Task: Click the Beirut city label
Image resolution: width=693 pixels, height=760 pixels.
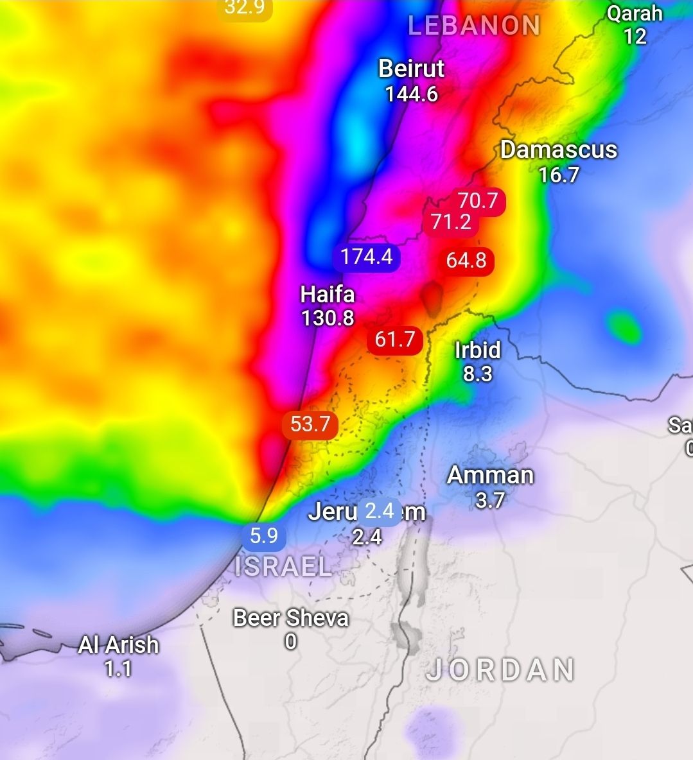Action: coord(411,69)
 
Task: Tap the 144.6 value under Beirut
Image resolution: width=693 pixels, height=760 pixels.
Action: coord(411,94)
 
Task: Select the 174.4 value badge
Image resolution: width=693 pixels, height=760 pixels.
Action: coord(366,257)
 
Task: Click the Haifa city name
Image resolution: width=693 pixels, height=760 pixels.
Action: coord(328,295)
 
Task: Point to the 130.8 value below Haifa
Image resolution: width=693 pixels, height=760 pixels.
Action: coord(328,318)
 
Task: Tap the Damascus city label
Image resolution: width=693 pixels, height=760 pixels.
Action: coord(558,150)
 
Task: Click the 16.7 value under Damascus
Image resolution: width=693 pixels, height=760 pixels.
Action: coord(558,175)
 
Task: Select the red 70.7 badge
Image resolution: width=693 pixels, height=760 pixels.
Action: coord(478,201)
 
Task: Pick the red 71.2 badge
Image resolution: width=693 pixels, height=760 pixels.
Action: coord(451,222)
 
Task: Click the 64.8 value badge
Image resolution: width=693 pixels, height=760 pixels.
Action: coord(466,261)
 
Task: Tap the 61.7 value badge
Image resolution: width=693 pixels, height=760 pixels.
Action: coord(394,339)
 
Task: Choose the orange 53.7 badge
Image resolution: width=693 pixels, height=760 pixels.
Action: coord(310,424)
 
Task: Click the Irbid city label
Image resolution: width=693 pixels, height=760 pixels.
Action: coord(477,350)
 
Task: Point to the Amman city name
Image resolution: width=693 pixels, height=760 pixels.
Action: coord(490,476)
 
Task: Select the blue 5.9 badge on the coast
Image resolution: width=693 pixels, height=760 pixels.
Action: coord(263,535)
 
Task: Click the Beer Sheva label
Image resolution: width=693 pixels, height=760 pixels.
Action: coord(291,618)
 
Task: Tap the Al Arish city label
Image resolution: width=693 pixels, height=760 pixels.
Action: coord(118,644)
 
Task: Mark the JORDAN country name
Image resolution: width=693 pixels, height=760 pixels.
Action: coord(500,670)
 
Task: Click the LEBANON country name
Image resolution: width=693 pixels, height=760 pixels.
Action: coord(474,26)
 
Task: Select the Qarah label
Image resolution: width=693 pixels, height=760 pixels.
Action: coord(635,13)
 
